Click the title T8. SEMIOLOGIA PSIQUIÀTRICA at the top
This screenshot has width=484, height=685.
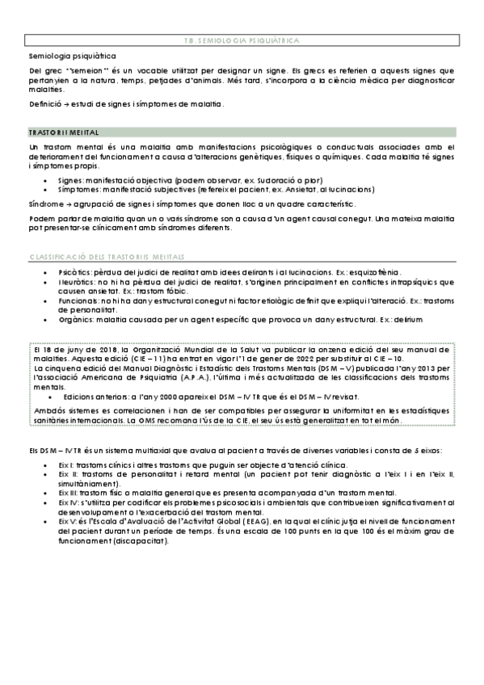241,39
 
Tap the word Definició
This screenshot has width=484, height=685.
44,104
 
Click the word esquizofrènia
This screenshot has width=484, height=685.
385,273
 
